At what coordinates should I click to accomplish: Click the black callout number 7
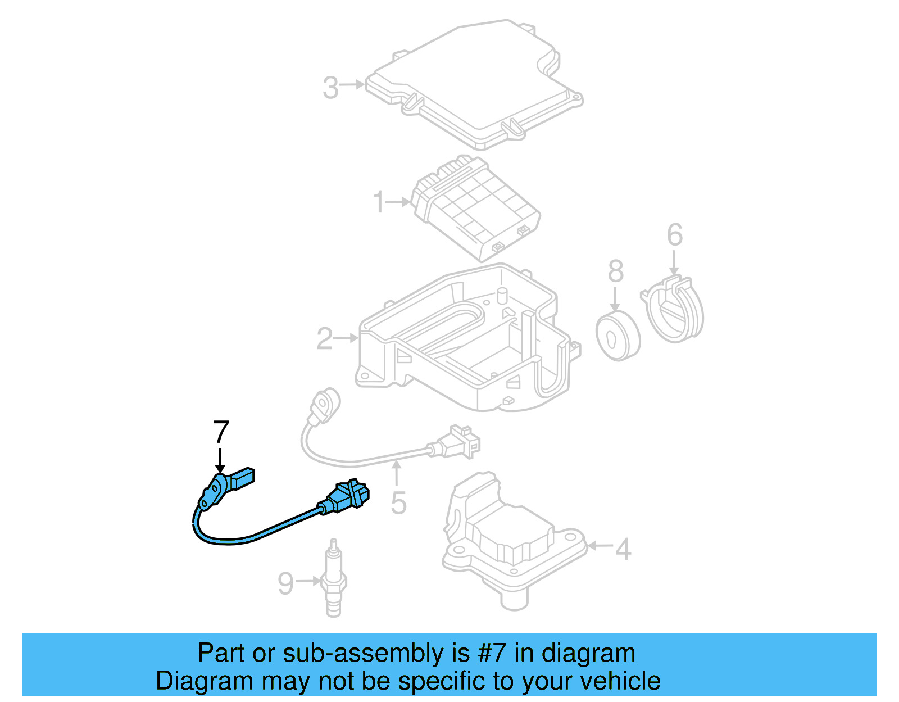(221, 432)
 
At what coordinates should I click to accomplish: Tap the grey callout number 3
(330, 88)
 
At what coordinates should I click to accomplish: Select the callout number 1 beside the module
(379, 202)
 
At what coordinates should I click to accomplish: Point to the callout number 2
(324, 339)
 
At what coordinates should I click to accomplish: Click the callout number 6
(674, 235)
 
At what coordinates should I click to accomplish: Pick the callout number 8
(615, 271)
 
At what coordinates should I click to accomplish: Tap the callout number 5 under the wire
(398, 503)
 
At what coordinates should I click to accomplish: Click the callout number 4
(623, 549)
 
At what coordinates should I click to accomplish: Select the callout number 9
(285, 583)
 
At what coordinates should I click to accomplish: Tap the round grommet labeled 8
(618, 336)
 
